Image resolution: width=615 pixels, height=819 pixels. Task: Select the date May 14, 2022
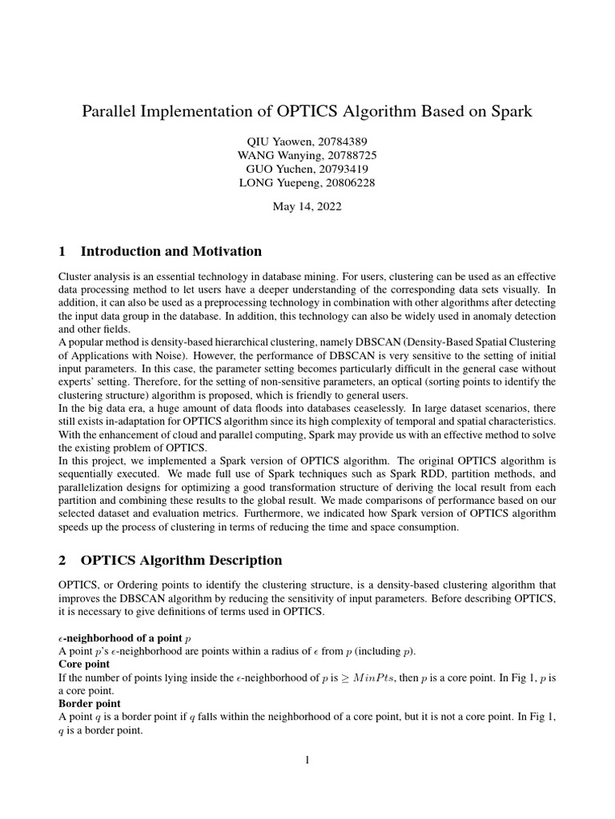[x=307, y=206]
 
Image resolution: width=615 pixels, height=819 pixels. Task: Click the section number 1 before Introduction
[x=62, y=251]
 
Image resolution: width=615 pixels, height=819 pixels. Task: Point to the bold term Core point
[x=85, y=665]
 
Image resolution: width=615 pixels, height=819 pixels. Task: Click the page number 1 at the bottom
[x=307, y=760]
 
